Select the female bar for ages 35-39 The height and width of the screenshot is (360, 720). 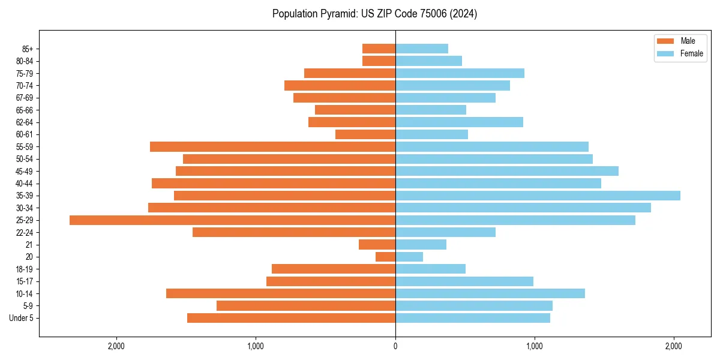click(538, 196)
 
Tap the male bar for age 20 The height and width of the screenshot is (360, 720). click(385, 257)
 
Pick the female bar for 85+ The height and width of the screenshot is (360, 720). click(422, 49)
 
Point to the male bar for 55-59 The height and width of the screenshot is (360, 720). click(272, 146)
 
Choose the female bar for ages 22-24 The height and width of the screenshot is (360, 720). click(445, 232)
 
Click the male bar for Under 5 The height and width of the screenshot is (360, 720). click(291, 318)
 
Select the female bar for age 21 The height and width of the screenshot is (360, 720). click(421, 245)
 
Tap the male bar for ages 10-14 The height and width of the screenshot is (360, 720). click(281, 293)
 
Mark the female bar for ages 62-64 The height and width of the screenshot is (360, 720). click(459, 122)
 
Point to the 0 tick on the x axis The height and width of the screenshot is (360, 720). click(395, 346)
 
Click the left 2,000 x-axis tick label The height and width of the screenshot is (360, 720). click(116, 346)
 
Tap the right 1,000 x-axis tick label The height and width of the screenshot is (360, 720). click(534, 346)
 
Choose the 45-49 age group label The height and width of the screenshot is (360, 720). click(25, 171)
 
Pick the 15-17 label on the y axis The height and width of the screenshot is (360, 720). click(25, 281)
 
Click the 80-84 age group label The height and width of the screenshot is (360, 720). click(25, 61)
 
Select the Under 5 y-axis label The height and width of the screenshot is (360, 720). click(22, 318)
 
